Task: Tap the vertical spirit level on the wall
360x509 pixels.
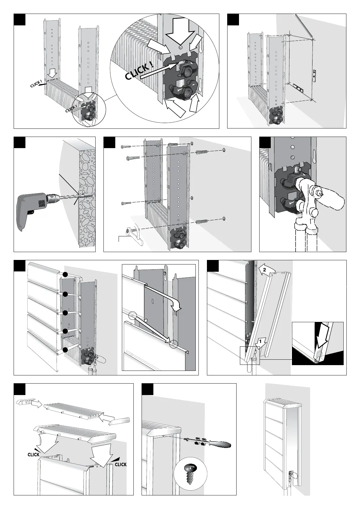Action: point(315,76)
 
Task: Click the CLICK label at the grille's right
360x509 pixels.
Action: point(120,464)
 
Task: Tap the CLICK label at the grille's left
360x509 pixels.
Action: point(34,454)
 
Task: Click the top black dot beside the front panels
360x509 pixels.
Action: point(65,274)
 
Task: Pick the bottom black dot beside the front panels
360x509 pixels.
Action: point(65,350)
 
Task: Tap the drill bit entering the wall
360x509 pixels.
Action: point(74,196)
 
